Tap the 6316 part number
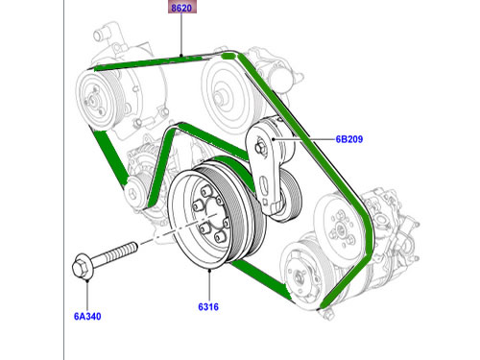[x=210, y=309]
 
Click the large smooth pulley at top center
[x=227, y=94]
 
